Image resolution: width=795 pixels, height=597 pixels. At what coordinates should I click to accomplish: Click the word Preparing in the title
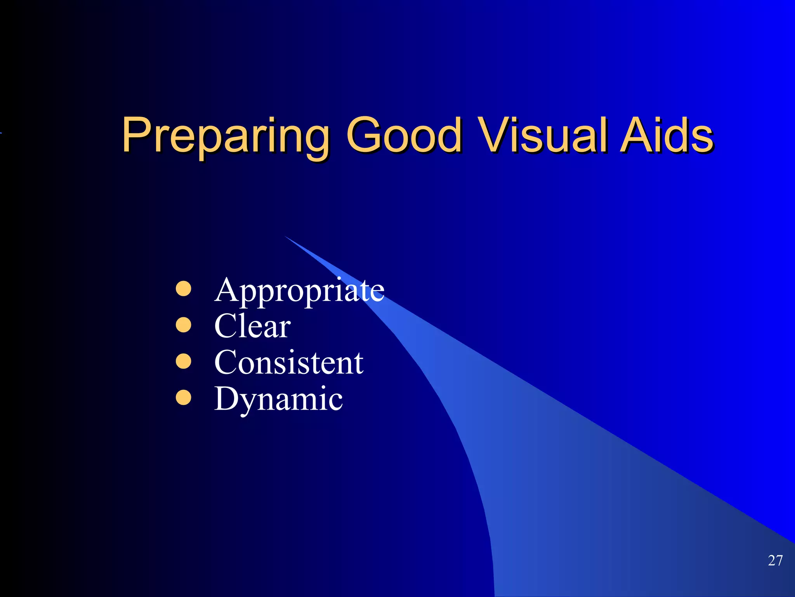(225, 136)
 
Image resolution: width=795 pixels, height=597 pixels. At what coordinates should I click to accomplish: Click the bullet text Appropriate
(299, 291)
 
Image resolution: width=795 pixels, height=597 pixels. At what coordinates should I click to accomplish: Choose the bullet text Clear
(252, 326)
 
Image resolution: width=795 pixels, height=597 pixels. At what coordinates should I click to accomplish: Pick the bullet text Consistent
(289, 362)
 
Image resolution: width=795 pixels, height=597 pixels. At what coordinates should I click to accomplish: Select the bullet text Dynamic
(278, 399)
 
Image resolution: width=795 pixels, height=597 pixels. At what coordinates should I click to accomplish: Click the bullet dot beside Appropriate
(184, 289)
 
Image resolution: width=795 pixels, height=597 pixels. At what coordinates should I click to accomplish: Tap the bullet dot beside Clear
(184, 325)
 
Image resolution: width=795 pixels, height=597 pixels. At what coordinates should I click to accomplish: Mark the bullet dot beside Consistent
(184, 361)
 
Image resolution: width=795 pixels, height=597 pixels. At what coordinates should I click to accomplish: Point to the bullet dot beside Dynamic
(184, 398)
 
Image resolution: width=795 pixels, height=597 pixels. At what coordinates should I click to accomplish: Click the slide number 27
(775, 560)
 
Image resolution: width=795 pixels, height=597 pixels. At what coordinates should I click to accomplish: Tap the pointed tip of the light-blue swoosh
(286, 237)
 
